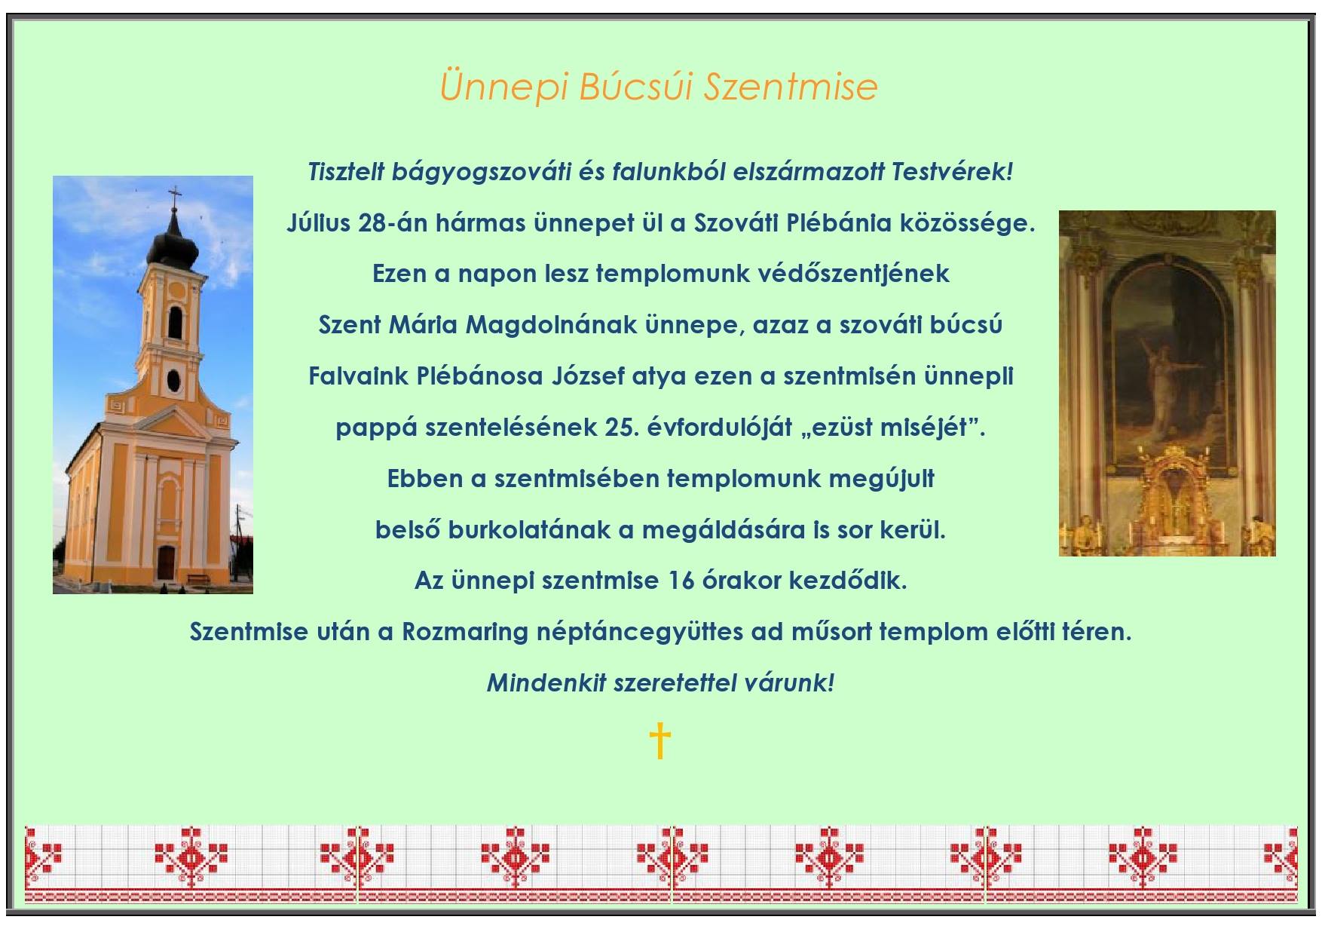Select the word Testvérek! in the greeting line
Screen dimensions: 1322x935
[953, 172]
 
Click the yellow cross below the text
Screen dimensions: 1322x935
[659, 741]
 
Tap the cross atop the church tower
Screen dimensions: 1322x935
[175, 198]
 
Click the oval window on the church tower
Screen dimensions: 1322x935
[174, 382]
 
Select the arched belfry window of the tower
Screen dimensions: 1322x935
[176, 322]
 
